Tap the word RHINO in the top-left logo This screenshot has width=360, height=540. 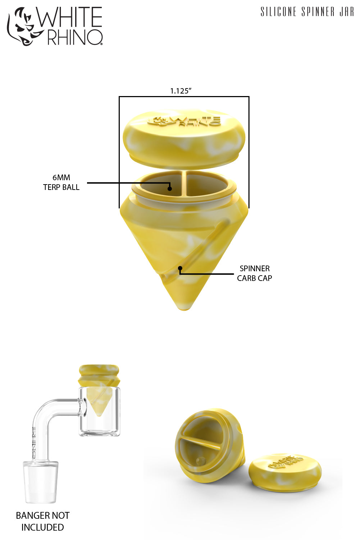coord(75,37)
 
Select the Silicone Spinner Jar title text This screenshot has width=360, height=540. coord(307,12)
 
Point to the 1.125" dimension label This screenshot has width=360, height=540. coord(181,91)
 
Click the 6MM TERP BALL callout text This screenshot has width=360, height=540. coord(61,182)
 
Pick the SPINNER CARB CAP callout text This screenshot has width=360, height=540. coord(254,273)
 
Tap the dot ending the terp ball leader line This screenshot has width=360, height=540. coord(170,188)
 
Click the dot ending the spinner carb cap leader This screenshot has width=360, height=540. coord(180,268)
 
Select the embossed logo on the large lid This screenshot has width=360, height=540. coord(184,121)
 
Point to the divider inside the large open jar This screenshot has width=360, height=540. coord(184,184)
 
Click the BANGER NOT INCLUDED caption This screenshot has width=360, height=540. coord(42,521)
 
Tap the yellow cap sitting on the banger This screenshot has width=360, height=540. coord(99,374)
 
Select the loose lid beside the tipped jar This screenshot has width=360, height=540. coord(285,472)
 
